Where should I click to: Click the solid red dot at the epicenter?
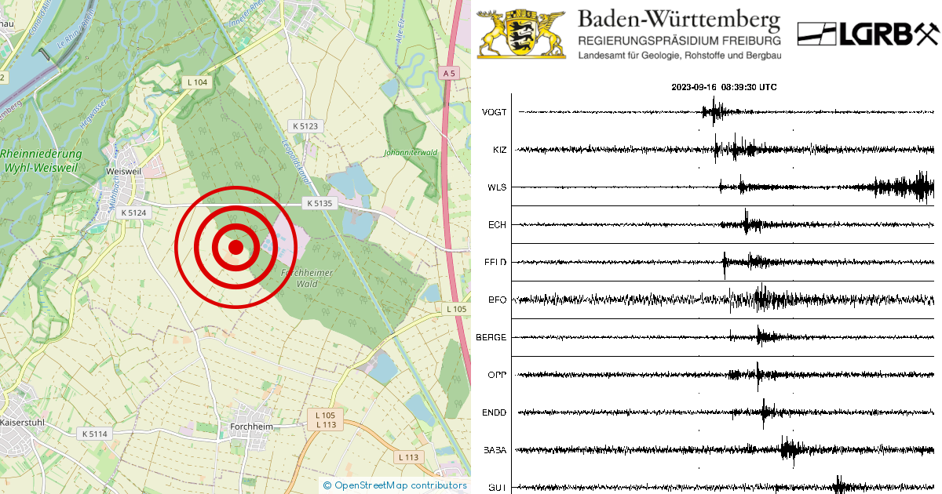(235, 247)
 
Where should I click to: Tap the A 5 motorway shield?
(448, 73)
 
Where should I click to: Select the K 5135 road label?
(319, 203)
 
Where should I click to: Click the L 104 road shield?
(197, 82)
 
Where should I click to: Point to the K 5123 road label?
(305, 125)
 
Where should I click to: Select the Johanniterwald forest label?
(411, 153)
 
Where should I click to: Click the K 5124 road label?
(133, 212)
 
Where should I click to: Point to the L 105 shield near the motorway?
(456, 309)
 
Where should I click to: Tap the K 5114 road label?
(94, 433)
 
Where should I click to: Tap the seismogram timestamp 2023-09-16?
(694, 87)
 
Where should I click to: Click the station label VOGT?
(494, 112)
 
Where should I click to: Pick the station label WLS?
(497, 187)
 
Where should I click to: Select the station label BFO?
(497, 300)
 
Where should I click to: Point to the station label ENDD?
(495, 412)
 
